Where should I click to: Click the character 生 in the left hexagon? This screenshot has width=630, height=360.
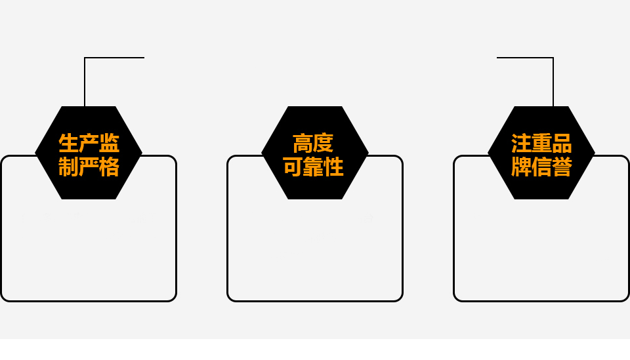pyautogui.click(x=69, y=143)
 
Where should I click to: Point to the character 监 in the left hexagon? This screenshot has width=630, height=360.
pyautogui.click(x=109, y=143)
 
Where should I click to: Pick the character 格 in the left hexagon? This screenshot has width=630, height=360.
pyautogui.click(x=109, y=167)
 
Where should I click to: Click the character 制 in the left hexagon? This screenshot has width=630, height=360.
pyautogui.click(x=69, y=167)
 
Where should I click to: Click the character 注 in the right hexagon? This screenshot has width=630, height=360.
pyautogui.click(x=522, y=143)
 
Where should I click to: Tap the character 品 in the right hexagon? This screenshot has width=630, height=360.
pyautogui.click(x=562, y=143)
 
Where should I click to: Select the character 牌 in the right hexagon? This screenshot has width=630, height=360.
pyautogui.click(x=522, y=167)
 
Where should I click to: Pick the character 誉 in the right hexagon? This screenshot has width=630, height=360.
pyautogui.click(x=562, y=167)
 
